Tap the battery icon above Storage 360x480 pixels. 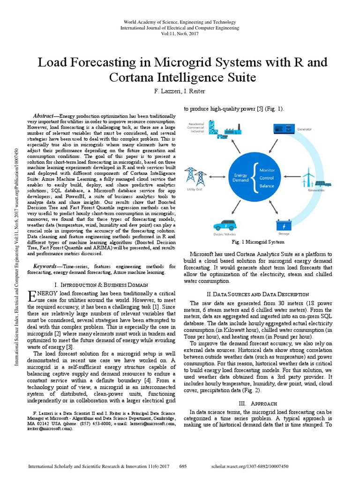(284, 214)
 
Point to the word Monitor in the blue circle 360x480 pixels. (267, 170)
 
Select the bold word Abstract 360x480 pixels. (44, 116)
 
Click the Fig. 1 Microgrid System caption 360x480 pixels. (258, 242)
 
